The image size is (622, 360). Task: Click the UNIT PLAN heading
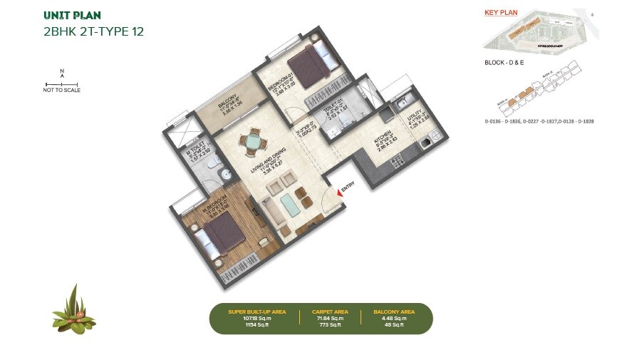72,15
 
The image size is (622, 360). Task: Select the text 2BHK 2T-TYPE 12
93,31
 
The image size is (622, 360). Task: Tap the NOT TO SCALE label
62,91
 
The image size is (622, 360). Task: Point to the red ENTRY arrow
340,187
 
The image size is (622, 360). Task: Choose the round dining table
253,143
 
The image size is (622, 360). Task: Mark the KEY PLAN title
501,13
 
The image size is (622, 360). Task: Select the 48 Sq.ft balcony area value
393,325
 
